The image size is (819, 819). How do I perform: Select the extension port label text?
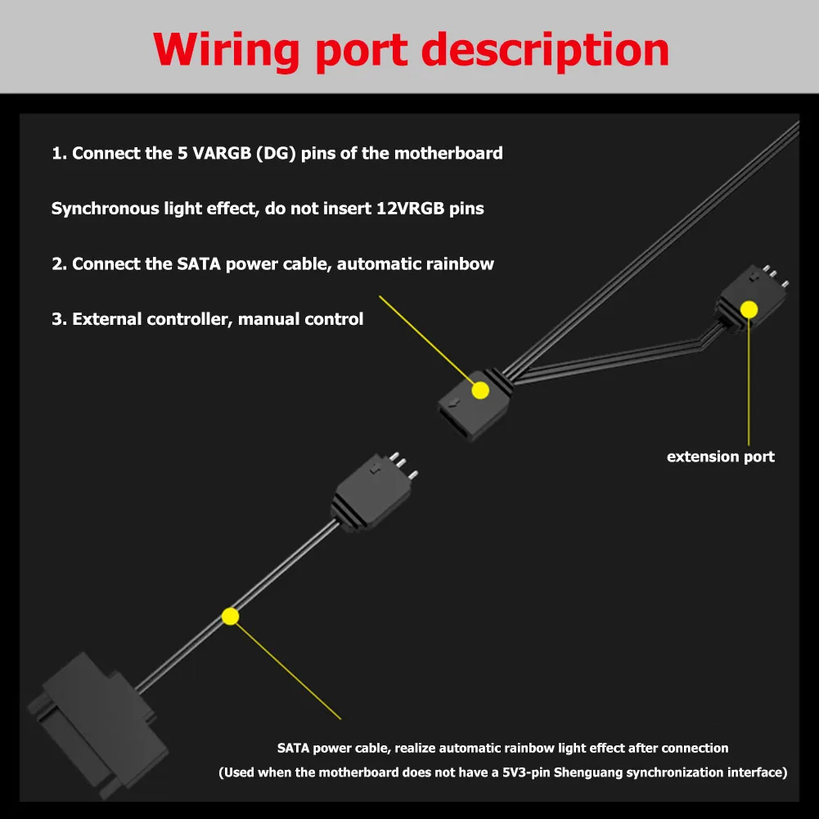tap(720, 457)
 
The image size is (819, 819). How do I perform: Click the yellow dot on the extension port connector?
tap(749, 308)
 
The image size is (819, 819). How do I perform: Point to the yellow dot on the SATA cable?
tap(231, 616)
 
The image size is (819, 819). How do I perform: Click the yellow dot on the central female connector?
tap(480, 389)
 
